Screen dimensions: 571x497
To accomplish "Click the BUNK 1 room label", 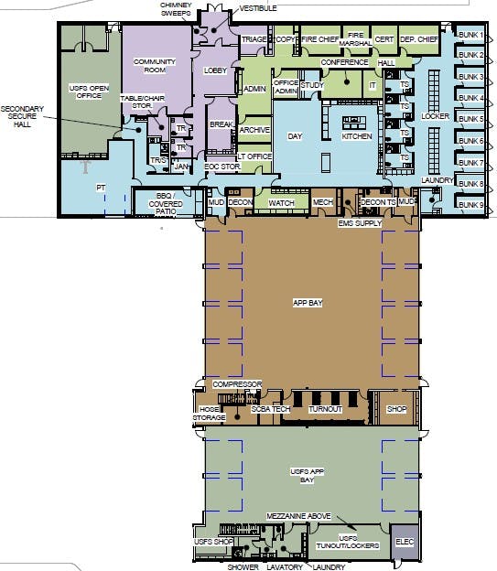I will (x=470, y=34).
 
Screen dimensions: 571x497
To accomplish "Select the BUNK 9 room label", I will (x=470, y=205).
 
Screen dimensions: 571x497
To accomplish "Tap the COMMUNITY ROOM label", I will (x=154, y=65).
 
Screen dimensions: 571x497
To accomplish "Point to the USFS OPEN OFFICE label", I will (x=90, y=92).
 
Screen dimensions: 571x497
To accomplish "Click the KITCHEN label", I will (x=358, y=135).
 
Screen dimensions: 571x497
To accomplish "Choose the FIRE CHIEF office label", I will (x=320, y=39).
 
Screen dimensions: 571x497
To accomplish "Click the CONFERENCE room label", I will (x=344, y=62).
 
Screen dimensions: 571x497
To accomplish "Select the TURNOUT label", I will (x=325, y=409).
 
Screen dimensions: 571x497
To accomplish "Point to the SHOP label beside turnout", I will (x=395, y=409).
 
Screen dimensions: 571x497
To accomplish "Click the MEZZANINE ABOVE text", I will (x=297, y=517).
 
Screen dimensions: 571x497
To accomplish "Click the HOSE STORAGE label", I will (x=209, y=414).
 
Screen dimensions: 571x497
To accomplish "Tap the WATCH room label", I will (x=281, y=202).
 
